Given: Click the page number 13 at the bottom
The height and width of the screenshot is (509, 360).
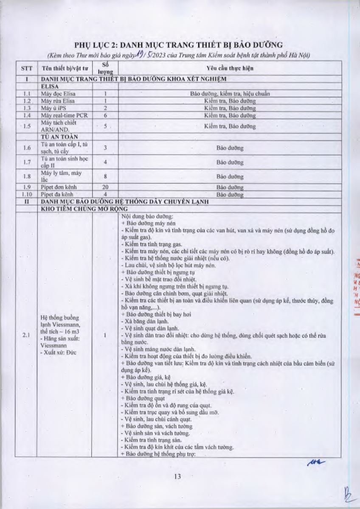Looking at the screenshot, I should pos(177,476).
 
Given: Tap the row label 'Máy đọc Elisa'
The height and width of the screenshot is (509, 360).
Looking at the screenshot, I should pos(58,93).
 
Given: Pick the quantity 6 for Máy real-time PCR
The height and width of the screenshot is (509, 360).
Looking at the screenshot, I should pos(104,115).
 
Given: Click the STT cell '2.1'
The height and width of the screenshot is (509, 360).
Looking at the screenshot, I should pos(26,336).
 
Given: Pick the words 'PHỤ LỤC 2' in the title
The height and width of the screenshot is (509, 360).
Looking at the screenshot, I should pos(94,45).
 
